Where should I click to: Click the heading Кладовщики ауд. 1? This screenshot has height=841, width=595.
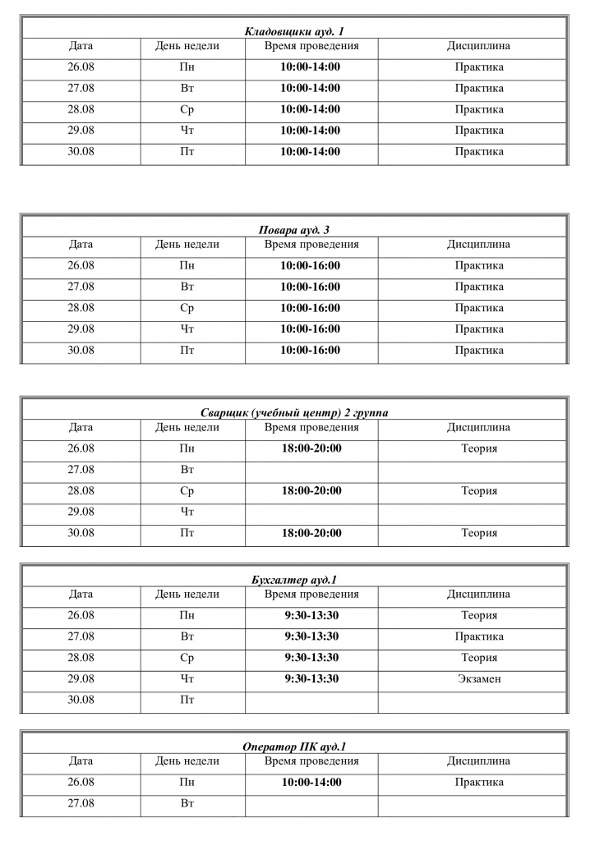[294, 32]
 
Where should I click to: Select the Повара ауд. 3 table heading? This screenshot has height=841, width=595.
[294, 231]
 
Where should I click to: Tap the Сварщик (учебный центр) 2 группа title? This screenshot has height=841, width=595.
[294, 413]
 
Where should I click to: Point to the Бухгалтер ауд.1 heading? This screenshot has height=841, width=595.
[294, 580]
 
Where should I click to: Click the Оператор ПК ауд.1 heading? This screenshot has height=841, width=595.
[294, 747]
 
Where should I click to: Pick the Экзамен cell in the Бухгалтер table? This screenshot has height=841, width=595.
[478, 679]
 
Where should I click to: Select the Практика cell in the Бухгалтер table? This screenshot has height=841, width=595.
[478, 636]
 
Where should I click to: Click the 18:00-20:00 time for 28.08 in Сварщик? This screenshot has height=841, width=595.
[311, 491]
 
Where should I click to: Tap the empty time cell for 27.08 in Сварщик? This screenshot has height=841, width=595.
[311, 471]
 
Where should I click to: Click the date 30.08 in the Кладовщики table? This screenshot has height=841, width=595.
[81, 152]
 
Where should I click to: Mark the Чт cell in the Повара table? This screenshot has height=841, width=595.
[187, 329]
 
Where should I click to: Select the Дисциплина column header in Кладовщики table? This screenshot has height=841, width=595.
[478, 46]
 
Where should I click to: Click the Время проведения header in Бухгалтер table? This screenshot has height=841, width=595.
[311, 594]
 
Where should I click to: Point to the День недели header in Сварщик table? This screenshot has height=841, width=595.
[187, 427]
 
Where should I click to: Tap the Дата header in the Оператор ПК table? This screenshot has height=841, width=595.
[81, 761]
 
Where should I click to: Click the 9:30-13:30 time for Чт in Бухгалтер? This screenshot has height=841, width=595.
[311, 679]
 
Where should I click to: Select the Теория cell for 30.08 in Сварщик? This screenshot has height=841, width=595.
[478, 533]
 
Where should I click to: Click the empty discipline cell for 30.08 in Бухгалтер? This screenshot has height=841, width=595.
[473, 701]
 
